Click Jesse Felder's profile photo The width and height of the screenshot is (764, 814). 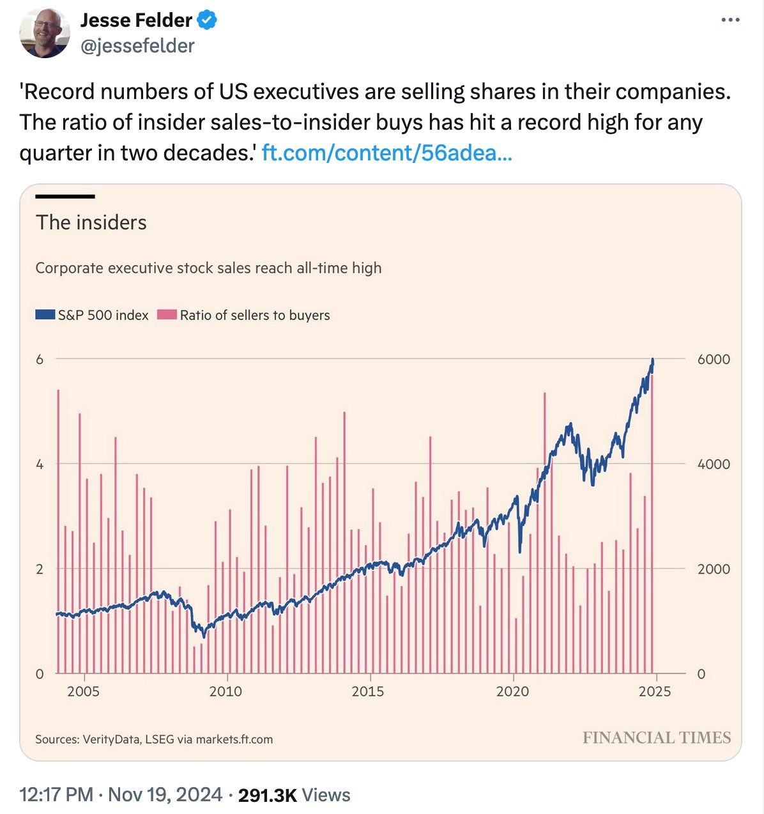coord(45,33)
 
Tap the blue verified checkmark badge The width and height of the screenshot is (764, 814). coord(206,20)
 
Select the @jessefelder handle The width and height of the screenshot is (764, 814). coord(137,46)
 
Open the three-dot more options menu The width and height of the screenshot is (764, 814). coord(730,20)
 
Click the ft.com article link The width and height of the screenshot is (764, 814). coord(386,153)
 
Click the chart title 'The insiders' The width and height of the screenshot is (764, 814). coord(91,222)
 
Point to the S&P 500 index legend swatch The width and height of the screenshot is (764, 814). coord(45,314)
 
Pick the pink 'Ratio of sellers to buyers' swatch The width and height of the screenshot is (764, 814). coord(167,314)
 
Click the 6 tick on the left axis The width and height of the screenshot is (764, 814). coord(40,359)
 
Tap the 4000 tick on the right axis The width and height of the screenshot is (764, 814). coord(714,465)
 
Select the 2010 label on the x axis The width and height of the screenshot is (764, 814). coord(225,691)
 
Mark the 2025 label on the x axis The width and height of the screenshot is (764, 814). coord(655,691)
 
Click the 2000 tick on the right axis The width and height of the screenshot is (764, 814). coord(714,569)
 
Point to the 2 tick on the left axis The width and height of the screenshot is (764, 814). coord(40,569)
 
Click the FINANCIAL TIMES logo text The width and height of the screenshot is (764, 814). coord(657,738)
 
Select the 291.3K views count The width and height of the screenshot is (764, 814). coord(267,795)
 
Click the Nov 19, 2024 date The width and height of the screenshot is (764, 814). coord(165,795)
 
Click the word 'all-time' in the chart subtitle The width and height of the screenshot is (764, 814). coord(322,268)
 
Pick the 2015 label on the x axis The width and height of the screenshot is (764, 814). coord(368,691)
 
